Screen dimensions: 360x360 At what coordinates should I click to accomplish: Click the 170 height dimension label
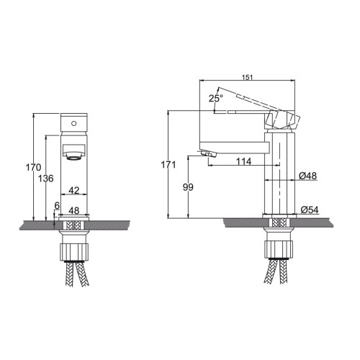click(x=33, y=167)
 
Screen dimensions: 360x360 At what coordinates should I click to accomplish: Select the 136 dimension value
click(x=46, y=179)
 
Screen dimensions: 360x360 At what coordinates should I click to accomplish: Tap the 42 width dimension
click(x=74, y=190)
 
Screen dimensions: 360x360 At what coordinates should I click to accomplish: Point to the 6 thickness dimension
click(x=57, y=205)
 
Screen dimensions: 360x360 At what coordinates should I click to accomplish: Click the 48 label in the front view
click(x=74, y=210)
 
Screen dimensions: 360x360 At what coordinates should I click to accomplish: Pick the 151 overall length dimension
click(x=247, y=77)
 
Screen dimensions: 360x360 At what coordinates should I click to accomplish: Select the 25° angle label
click(x=216, y=98)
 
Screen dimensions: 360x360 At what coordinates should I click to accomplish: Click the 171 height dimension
click(x=168, y=165)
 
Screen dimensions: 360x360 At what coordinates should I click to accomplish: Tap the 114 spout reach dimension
click(x=244, y=161)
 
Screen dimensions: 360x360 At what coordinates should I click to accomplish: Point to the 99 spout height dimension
click(x=188, y=187)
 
